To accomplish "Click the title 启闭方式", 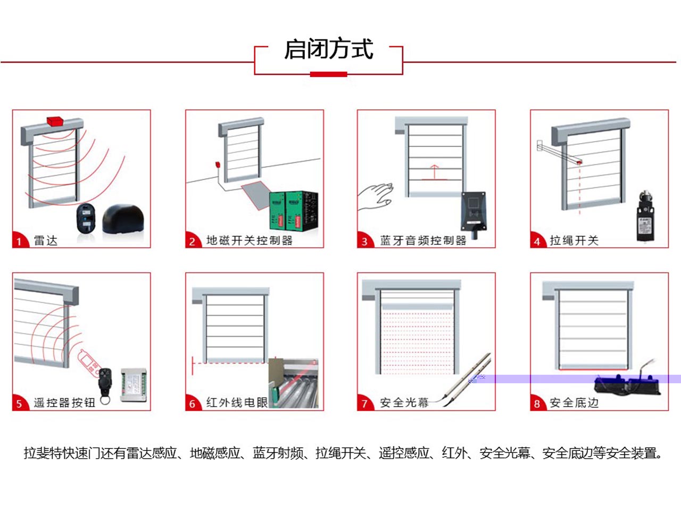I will tap(328, 49).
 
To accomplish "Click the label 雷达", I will tap(46, 241).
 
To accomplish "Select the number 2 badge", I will tap(192, 241).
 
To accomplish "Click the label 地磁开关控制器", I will tap(250, 241).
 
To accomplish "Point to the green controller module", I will tap(277, 211).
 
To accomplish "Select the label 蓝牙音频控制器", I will tap(423, 241).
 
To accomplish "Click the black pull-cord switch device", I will tap(645, 218).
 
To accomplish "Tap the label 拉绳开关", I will tap(574, 241).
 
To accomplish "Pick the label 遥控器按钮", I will tap(64, 403).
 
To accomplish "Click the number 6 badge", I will tap(192, 403).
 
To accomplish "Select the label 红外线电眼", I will tap(237, 403).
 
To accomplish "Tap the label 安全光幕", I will tap(404, 403).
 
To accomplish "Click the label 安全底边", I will tap(574, 403).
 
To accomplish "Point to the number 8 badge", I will tap(537, 403).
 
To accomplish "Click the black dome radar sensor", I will tap(123, 218).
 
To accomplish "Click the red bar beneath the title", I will tap(328, 74).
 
